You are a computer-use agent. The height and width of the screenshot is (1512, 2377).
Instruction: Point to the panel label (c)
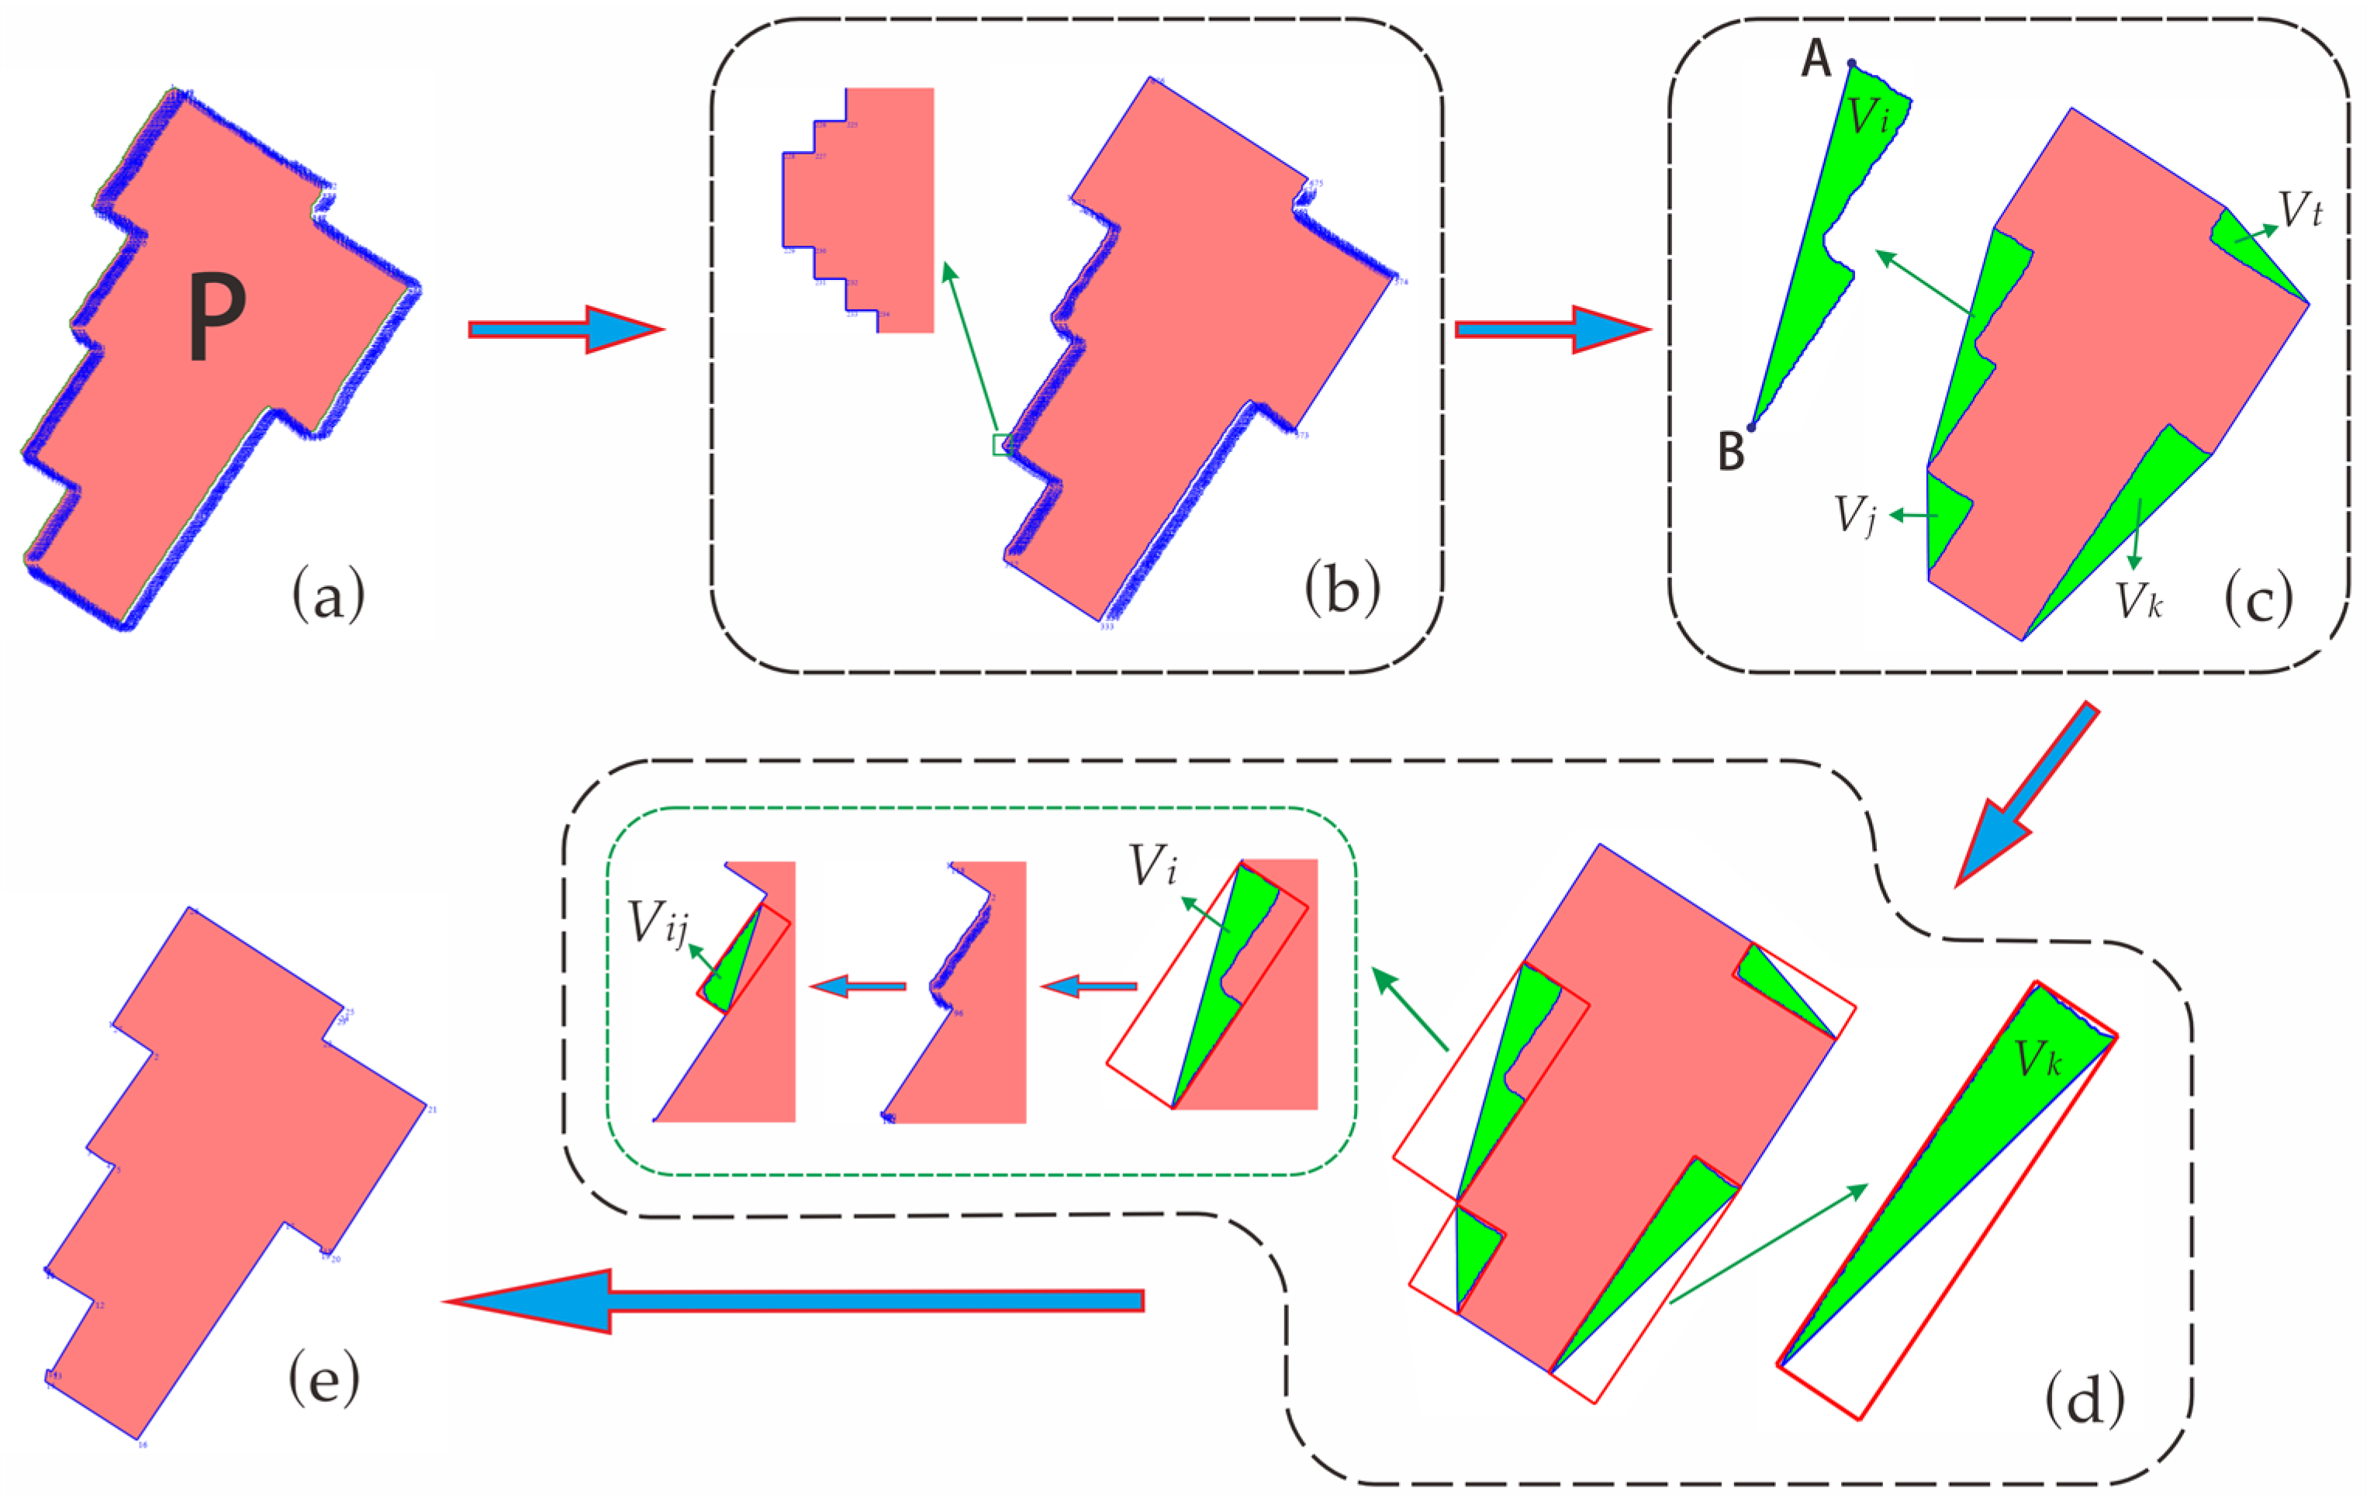click(2258, 599)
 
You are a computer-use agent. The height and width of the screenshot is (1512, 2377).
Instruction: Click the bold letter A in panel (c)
click(1816, 59)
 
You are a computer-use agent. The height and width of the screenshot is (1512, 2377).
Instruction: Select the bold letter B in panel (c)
click(1732, 451)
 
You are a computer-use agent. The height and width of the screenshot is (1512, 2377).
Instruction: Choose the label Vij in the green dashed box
click(658, 925)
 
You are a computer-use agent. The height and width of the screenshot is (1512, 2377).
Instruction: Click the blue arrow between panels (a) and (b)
click(565, 330)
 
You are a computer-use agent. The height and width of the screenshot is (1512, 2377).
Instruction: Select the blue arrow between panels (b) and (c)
click(1552, 330)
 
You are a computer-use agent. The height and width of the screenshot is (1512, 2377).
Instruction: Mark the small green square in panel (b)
click(1001, 444)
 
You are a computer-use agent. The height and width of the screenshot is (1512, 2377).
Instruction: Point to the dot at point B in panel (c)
click(1751, 427)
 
